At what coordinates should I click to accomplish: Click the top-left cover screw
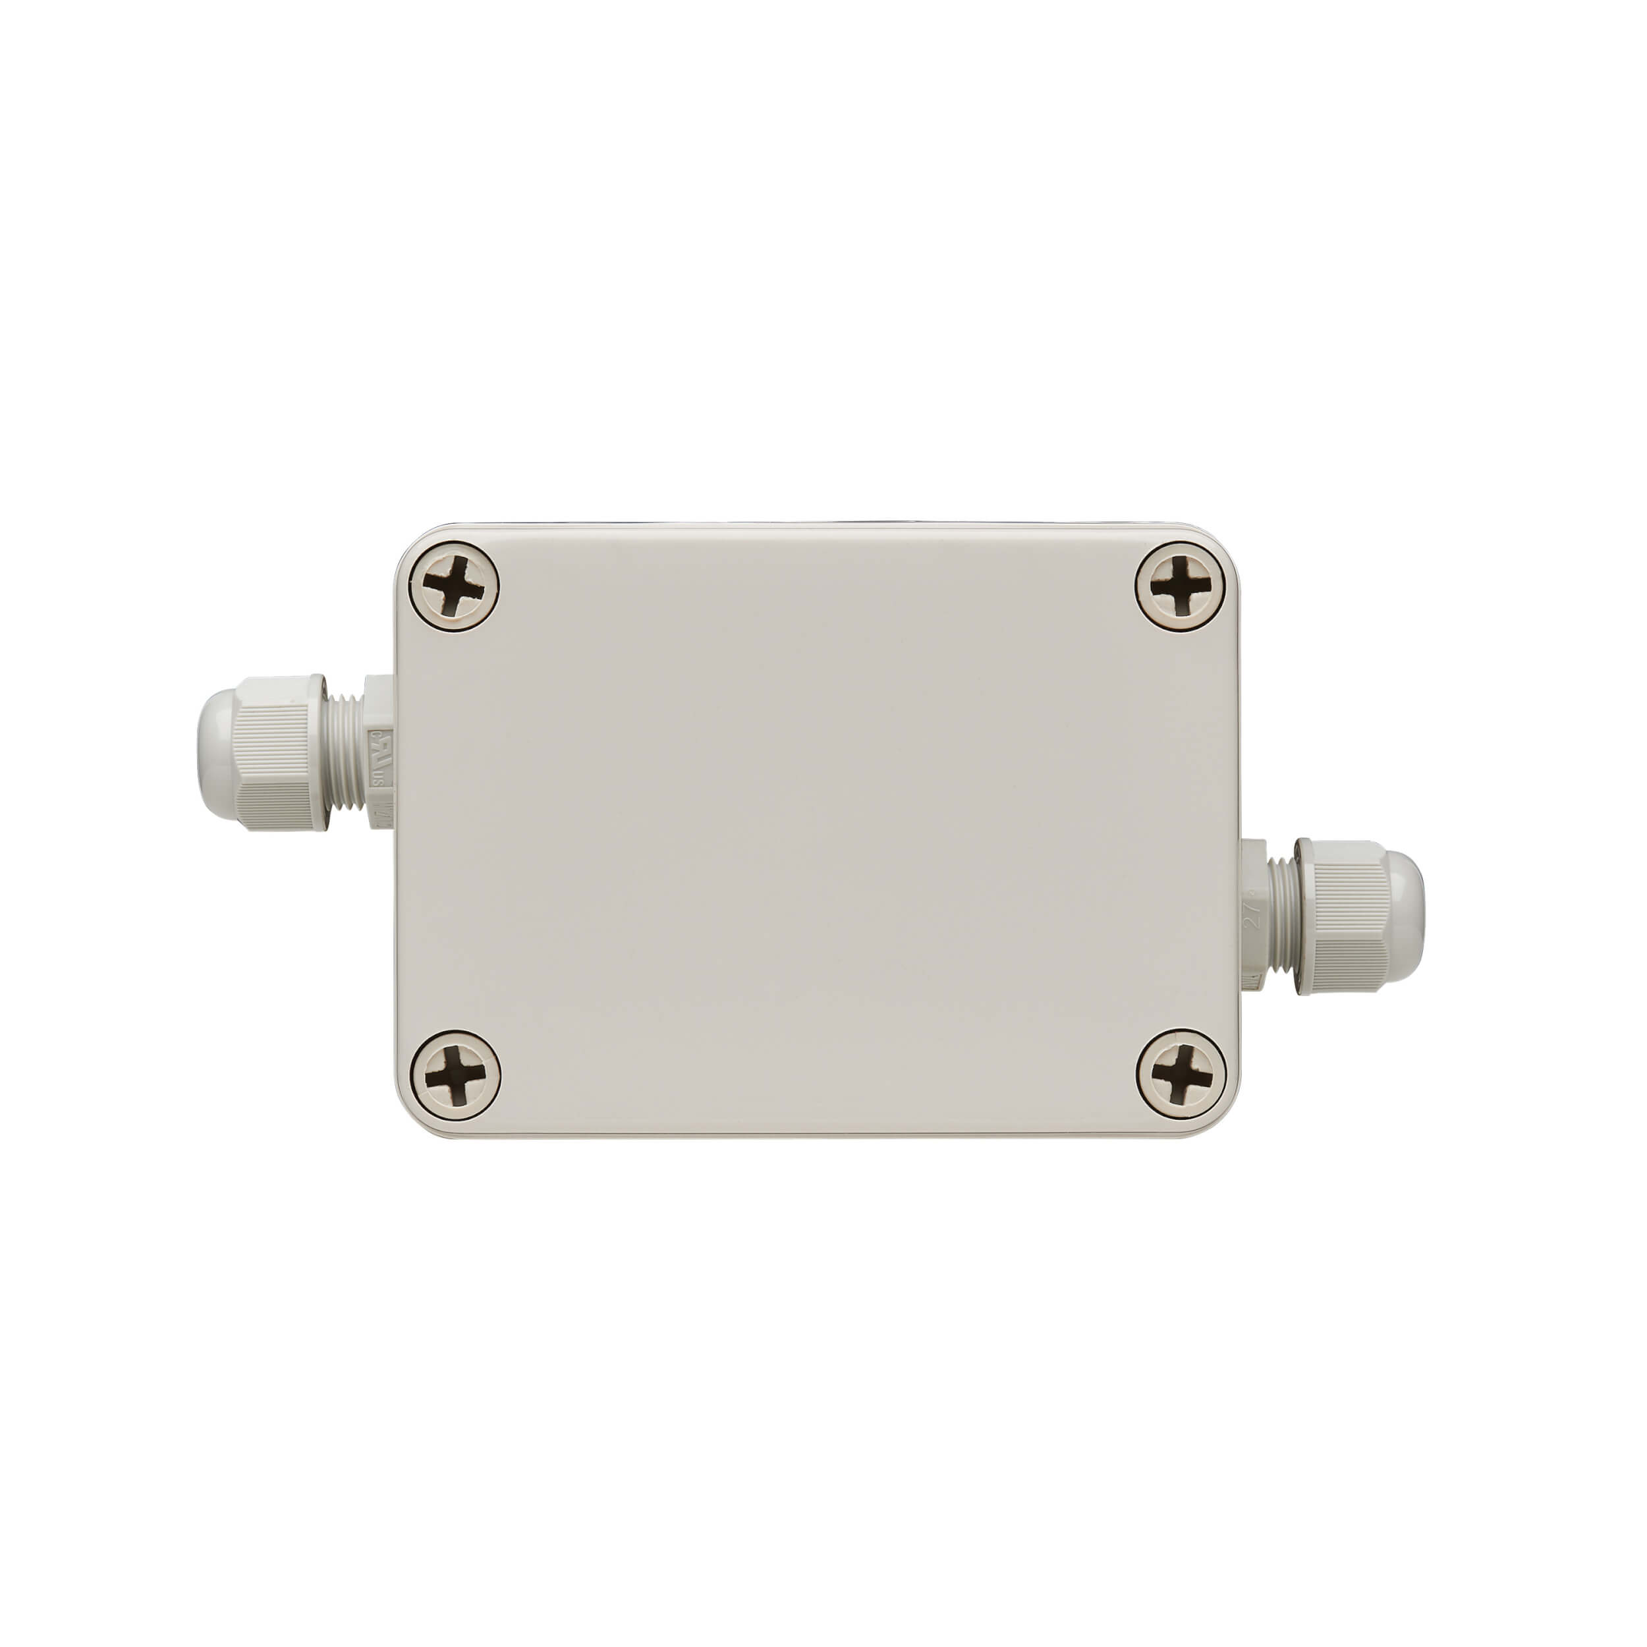coord(453,586)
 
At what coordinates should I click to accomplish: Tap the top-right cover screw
coord(1181,586)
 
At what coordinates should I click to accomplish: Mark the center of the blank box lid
coord(817,831)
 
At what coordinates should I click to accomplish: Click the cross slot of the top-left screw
coord(453,586)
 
